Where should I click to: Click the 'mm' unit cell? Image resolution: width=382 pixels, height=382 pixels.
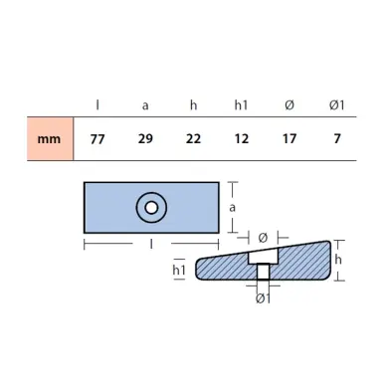[49, 139]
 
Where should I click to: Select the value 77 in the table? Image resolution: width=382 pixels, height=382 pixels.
[96, 139]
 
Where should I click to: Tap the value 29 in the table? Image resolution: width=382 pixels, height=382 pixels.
[145, 139]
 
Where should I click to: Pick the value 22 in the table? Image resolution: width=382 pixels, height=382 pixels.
[193, 139]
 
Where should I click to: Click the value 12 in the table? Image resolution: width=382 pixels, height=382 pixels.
[242, 139]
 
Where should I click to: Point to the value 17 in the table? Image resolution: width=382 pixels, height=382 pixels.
[289, 139]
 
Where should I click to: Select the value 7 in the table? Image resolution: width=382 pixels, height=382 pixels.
[337, 139]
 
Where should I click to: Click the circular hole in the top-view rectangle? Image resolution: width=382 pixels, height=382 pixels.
[151, 208]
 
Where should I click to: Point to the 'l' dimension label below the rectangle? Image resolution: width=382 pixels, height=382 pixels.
[150, 242]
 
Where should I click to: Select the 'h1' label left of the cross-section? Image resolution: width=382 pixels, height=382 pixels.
[180, 270]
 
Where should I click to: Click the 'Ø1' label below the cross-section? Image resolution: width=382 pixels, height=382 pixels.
[263, 298]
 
